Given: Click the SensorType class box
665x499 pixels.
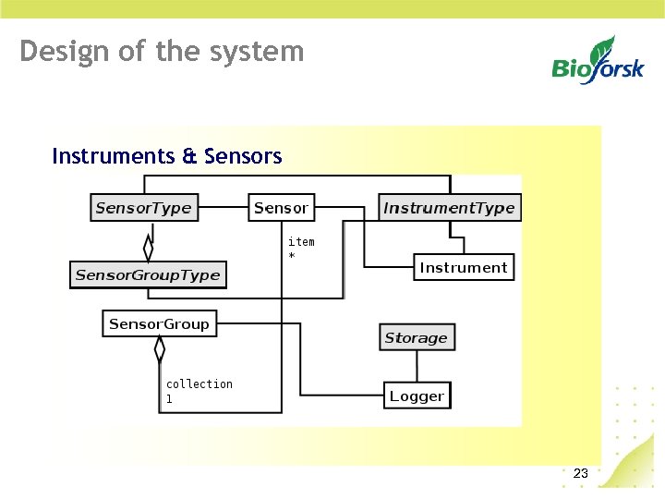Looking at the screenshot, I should click(143, 208).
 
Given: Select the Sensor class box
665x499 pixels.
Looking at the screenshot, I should click(281, 208).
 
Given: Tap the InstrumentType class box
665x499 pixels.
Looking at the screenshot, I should click(449, 208).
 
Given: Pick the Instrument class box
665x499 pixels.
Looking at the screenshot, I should click(463, 268).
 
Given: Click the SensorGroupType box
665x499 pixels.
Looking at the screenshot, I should click(148, 275).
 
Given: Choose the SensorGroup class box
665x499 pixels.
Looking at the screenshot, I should click(159, 324).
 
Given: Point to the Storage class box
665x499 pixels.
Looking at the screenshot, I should click(416, 338).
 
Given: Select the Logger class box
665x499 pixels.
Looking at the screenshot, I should click(417, 396).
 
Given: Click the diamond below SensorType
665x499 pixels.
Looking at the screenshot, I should click(147, 247).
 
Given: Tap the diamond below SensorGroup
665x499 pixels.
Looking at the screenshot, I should click(160, 349).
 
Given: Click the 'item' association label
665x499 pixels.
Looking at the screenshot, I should click(301, 242).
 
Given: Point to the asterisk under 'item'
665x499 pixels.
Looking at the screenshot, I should click(292, 256).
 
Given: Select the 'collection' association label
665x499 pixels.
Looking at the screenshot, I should click(199, 384).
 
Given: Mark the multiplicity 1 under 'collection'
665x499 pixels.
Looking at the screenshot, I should click(169, 399).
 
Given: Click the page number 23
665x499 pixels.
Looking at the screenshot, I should click(580, 474).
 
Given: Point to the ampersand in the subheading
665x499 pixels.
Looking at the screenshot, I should click(189, 156).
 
